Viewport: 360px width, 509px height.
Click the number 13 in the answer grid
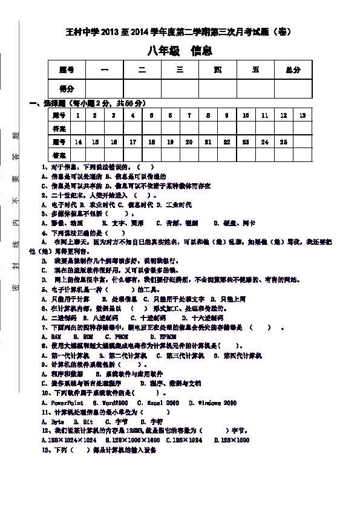pos(302,115)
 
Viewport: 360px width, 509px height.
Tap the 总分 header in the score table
pos(293,70)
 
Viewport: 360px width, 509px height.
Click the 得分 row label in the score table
pos(67,89)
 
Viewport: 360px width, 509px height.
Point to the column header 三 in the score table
pos(180,70)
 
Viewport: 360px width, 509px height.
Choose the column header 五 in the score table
pos(255,70)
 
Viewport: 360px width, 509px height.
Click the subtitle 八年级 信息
pos(180,51)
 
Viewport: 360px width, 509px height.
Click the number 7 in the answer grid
pos(189,115)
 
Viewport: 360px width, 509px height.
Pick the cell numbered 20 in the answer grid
pos(189,142)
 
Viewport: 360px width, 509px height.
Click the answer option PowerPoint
pos(67,403)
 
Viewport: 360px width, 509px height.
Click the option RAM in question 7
pos(56,337)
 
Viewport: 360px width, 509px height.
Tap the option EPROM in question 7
pos(167,337)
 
